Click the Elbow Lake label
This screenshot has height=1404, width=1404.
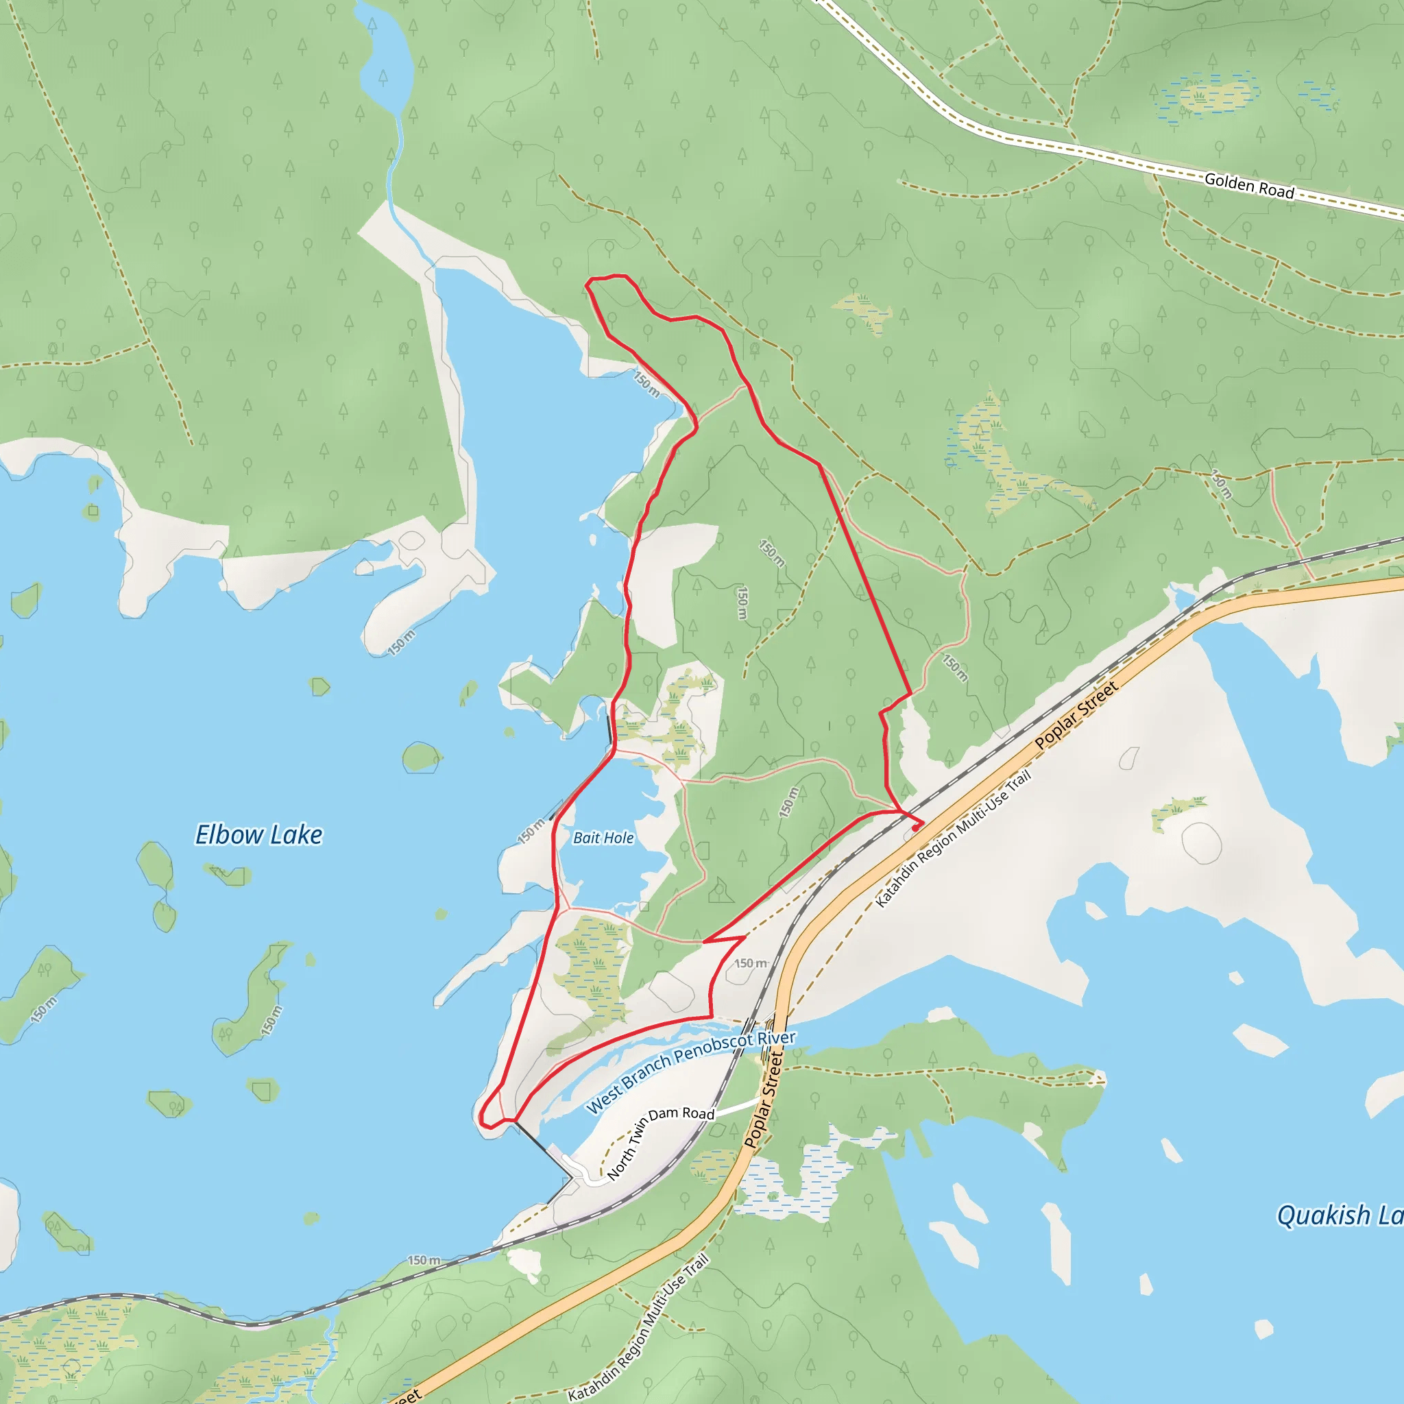pyautogui.click(x=258, y=835)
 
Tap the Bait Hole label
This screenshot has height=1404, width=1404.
pyautogui.click(x=603, y=838)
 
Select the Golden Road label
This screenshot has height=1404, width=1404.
pyautogui.click(x=1249, y=185)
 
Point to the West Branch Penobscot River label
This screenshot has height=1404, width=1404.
pyautogui.click(x=690, y=1072)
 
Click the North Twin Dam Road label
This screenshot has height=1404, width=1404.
pyautogui.click(x=661, y=1141)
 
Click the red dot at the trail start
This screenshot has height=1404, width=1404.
pyautogui.click(x=916, y=827)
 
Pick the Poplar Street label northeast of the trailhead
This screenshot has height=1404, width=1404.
pyautogui.click(x=1076, y=716)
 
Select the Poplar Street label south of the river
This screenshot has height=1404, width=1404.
pyautogui.click(x=764, y=1099)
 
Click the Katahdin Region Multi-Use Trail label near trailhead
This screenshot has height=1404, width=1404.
pyautogui.click(x=953, y=840)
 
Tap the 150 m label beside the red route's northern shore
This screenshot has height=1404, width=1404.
pyautogui.click(x=646, y=385)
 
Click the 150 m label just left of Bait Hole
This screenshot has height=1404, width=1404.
pyautogui.click(x=531, y=831)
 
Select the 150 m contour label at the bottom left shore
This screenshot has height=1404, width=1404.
pyautogui.click(x=424, y=1260)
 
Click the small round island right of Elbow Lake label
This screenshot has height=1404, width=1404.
pyautogui.click(x=421, y=758)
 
